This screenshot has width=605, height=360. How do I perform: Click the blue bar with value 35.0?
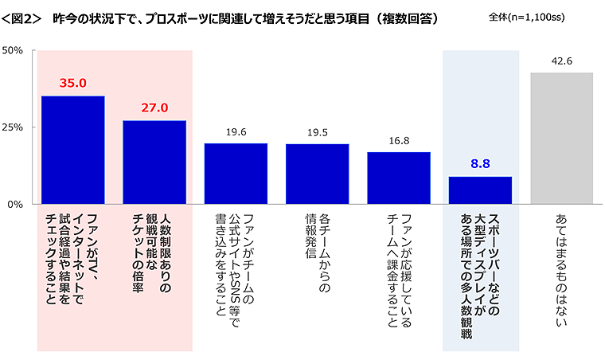point(73,150)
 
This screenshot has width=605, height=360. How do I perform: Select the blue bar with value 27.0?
point(154,162)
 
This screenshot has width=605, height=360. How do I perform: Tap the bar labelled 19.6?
point(236,174)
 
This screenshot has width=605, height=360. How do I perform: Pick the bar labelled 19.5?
point(317,174)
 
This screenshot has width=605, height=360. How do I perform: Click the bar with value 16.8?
point(399,178)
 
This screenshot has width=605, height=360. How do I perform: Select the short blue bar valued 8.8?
point(480,190)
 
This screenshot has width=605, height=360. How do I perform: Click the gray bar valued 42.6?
point(561,139)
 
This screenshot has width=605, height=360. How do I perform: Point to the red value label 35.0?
point(73,82)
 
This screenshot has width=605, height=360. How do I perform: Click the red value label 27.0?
point(154,108)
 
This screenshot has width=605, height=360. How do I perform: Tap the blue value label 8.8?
point(480,163)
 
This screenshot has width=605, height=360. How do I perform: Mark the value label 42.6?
point(561,61)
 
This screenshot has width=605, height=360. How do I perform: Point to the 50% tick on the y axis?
point(17,50)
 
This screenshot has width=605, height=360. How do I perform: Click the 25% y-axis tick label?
point(17,127)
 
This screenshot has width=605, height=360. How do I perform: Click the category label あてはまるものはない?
point(561,259)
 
